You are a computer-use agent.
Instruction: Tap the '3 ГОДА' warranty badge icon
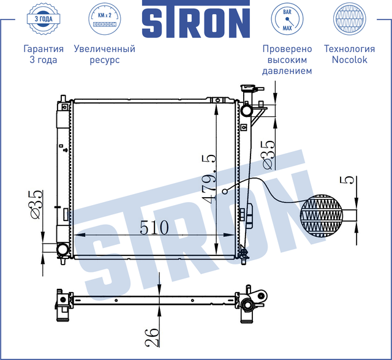tap(43, 20)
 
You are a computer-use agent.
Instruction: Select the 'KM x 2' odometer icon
tap(104, 20)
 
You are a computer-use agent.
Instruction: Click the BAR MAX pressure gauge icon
tap(287, 20)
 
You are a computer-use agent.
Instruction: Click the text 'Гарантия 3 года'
tap(43, 54)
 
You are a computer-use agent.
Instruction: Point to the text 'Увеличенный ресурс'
tap(104, 54)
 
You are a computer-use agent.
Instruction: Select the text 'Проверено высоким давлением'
tap(287, 59)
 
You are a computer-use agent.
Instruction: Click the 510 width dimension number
tap(154, 227)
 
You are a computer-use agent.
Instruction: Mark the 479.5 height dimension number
tap(209, 179)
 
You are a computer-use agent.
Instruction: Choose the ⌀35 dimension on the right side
tap(268, 154)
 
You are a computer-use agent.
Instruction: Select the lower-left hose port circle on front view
tap(63, 249)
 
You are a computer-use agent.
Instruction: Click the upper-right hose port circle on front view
tap(246, 111)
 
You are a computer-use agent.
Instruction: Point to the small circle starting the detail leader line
tap(225, 192)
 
